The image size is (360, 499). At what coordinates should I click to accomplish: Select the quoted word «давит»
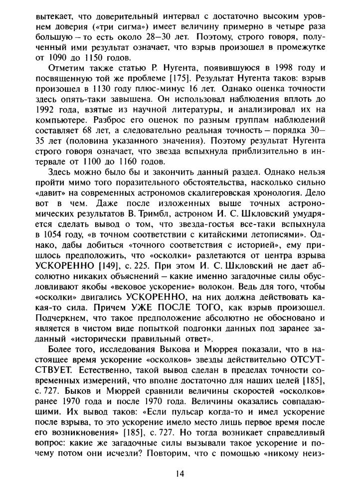[x=50, y=195]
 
